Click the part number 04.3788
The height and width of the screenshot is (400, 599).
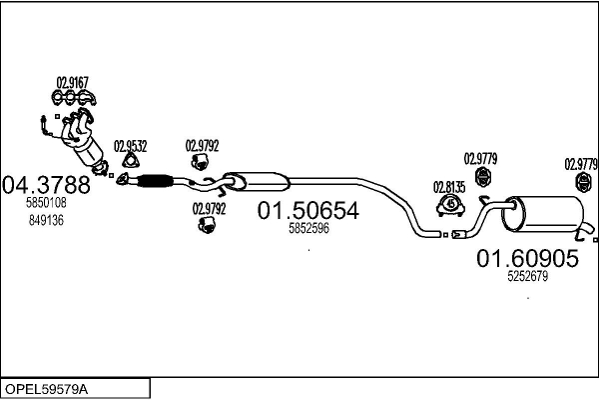click(47, 185)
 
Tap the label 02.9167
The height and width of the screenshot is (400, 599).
click(71, 82)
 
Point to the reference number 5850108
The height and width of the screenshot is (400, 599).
click(46, 203)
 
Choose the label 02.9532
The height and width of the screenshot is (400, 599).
click(130, 145)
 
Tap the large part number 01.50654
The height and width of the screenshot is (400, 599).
click(307, 211)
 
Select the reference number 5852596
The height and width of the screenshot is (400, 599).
click(308, 228)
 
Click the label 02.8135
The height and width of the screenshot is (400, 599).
click(448, 186)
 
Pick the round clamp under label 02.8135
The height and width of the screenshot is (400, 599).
click(450, 205)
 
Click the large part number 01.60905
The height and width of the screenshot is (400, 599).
click(526, 259)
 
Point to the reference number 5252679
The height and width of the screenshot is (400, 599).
click(526, 276)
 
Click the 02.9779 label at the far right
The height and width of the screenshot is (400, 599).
click(581, 164)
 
